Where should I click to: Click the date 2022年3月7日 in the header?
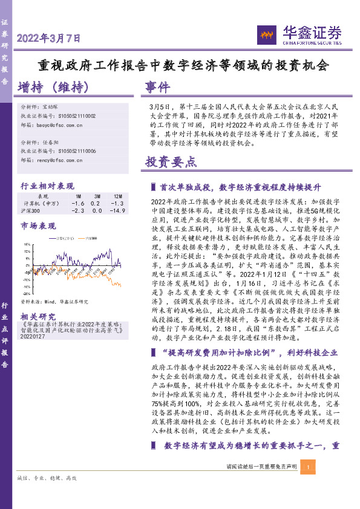(48, 38)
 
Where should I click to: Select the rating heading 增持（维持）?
(54, 88)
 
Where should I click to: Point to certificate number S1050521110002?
(77, 115)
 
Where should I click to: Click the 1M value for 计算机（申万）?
(77, 204)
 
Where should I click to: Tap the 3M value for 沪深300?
(97, 210)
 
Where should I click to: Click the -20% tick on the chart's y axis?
(27, 287)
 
